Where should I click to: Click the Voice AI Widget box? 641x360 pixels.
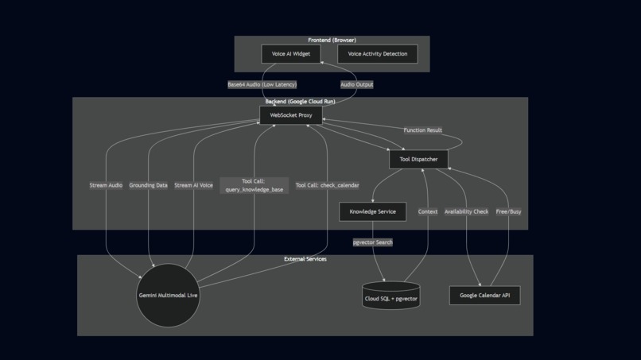pos(291,54)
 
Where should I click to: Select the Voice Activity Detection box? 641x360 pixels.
pos(378,54)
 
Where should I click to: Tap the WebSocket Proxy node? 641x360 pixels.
pos(291,115)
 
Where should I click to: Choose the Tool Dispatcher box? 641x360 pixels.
pos(418,159)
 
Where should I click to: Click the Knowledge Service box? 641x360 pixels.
pos(372,211)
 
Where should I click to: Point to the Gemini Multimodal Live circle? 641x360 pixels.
pos(168,295)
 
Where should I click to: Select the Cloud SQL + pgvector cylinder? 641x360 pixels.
pos(390,297)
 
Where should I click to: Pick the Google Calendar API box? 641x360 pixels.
pos(484,296)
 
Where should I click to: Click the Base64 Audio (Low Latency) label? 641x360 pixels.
pos(262,84)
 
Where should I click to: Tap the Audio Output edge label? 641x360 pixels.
pos(356,84)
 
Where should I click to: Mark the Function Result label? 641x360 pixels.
pos(422,130)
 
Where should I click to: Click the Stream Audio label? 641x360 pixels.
pos(106,185)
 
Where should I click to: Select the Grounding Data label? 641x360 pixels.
pos(148,185)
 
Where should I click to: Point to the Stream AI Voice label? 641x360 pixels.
pos(193,185)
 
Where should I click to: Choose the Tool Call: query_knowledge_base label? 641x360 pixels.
pos(254,185)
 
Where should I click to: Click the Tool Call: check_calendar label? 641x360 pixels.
pos(327,185)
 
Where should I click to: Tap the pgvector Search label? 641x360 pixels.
pos(372,242)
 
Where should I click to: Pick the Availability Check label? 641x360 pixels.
pos(466,211)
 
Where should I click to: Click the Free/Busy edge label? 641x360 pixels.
pos(508,211)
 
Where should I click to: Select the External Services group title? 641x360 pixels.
pos(305,259)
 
